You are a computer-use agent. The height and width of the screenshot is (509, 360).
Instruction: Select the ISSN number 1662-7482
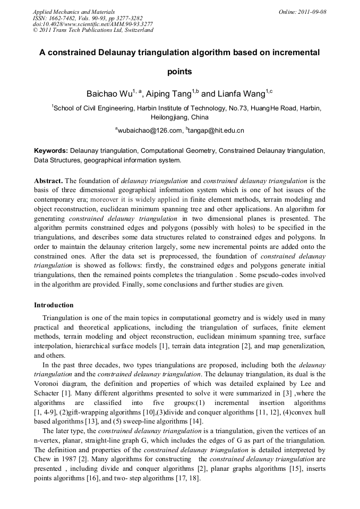(66, 18)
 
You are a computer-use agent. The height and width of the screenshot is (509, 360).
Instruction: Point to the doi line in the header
(93, 24)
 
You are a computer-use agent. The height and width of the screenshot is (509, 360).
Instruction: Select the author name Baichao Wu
(109, 94)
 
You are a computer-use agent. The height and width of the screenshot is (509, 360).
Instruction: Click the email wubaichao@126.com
(150, 130)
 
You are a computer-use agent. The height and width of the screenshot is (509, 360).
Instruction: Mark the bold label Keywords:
(51, 151)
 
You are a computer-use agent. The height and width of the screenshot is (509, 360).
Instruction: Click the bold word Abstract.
(48, 180)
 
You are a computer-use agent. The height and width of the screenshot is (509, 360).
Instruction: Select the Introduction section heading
(54, 305)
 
